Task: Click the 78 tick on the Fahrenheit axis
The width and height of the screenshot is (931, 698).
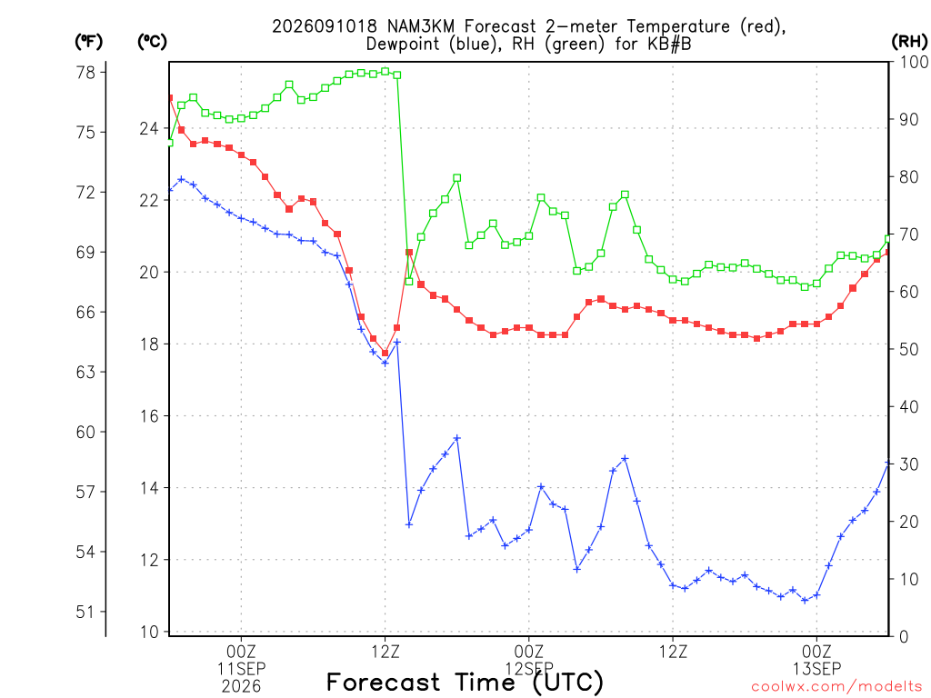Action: pos(85,73)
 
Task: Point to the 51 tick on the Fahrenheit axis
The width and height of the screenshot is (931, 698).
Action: pos(85,612)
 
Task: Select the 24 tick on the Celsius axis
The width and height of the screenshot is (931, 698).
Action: pos(149,129)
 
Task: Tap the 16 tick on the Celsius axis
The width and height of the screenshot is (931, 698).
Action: pos(149,416)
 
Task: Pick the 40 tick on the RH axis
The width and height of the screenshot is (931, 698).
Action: pos(909,406)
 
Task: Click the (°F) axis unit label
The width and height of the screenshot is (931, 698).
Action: pos(88,42)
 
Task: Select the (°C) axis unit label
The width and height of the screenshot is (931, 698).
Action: pos(152,42)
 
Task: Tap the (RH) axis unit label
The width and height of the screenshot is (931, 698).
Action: pos(909,42)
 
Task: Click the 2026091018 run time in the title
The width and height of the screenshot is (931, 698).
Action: pos(325,26)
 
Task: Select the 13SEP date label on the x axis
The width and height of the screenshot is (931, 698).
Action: pos(817,669)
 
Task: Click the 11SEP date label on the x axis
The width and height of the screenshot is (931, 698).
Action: pos(242,669)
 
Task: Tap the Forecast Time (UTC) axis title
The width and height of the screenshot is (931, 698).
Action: pos(465,683)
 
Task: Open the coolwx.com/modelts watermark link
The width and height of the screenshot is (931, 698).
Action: pos(836,687)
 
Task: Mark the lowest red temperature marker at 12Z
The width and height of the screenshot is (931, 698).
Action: pos(385,354)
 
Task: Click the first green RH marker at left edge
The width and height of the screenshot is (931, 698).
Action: pos(170,143)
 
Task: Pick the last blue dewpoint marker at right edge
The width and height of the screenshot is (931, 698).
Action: pos(888,463)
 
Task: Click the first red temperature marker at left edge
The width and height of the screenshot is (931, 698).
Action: pos(170,98)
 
